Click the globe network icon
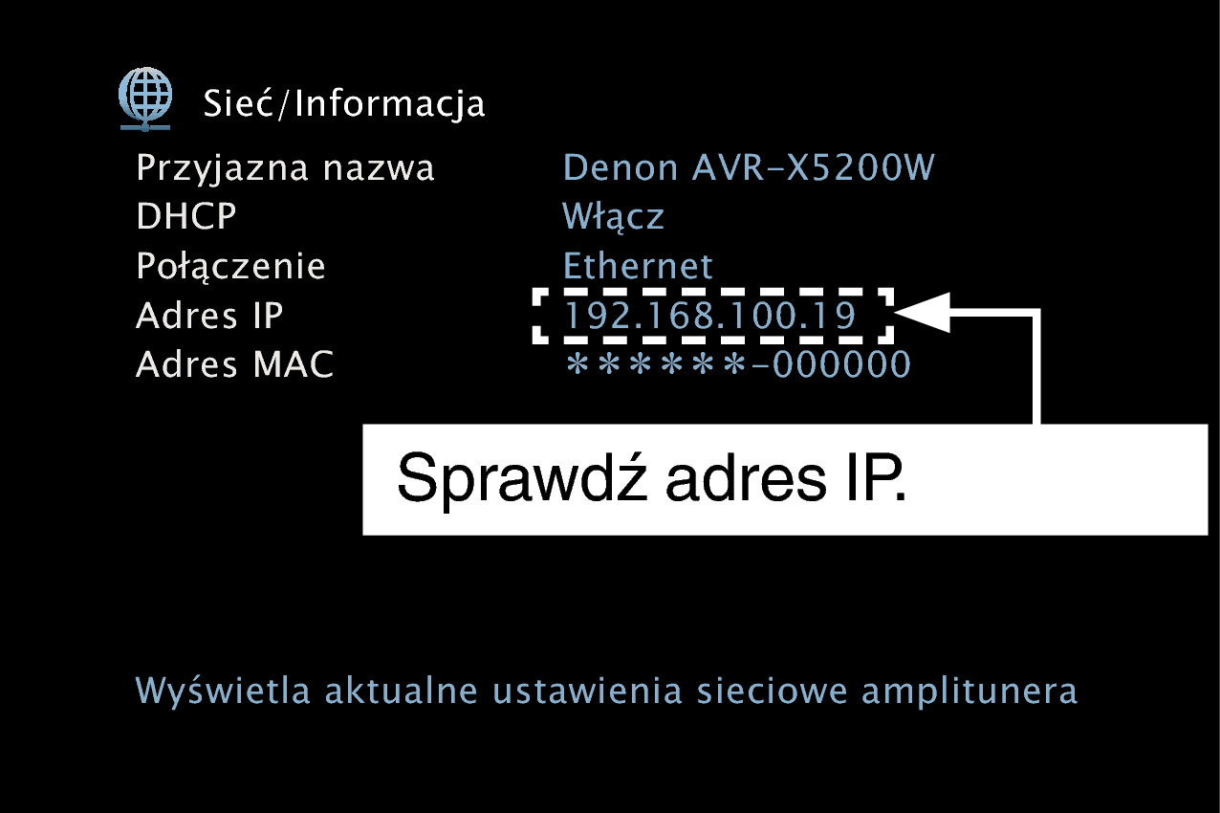(x=145, y=99)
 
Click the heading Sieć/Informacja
(x=343, y=103)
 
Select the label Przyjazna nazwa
(x=285, y=168)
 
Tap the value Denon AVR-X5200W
(x=749, y=166)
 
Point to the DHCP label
(x=185, y=216)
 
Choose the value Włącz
(x=613, y=217)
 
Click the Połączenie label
(x=230, y=267)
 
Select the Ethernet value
(x=637, y=266)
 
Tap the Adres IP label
(x=209, y=315)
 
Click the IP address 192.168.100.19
(x=710, y=315)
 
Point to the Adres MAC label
(x=235, y=364)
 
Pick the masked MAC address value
(x=738, y=364)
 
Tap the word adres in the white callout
(x=746, y=478)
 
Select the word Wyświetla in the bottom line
(x=222, y=690)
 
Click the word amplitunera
(x=969, y=691)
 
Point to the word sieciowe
(x=773, y=691)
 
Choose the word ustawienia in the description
(x=588, y=691)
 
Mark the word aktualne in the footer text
(x=402, y=690)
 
